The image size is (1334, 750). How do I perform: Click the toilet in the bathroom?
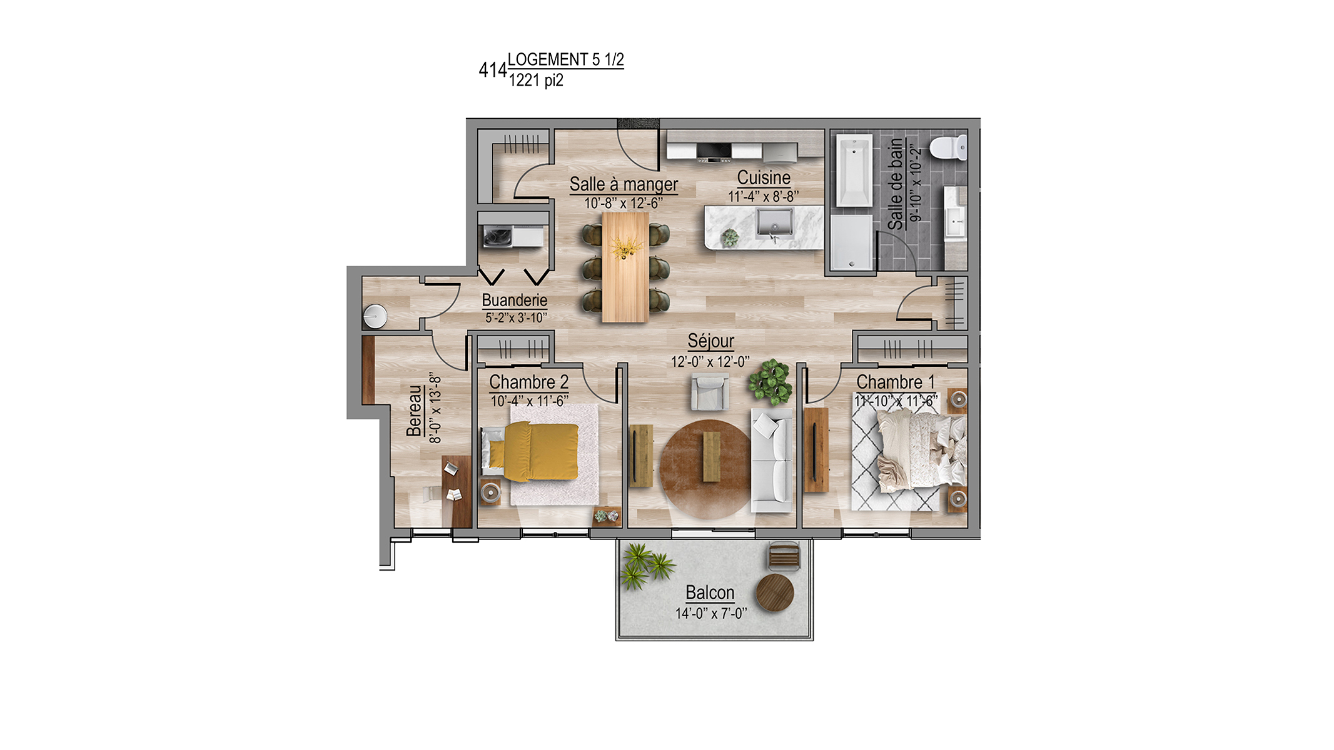point(948,148)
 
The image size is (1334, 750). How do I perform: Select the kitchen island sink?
point(775,223)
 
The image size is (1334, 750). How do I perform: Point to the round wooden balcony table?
point(775,593)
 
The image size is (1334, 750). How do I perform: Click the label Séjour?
point(711,341)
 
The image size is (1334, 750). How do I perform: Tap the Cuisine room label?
point(764,177)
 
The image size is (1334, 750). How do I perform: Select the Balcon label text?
point(710,592)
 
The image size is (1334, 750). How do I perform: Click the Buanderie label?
point(515,301)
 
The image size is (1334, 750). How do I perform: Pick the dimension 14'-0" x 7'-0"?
point(711,614)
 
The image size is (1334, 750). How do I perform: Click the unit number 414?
point(493,70)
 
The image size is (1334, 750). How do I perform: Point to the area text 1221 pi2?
point(536,81)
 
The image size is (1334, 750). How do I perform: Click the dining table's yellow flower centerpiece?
point(626,247)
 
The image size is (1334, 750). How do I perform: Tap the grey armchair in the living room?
point(710,391)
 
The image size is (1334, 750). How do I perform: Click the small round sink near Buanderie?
point(375,316)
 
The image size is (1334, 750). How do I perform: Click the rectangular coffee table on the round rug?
point(712,457)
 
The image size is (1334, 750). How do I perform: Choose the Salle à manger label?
point(624,185)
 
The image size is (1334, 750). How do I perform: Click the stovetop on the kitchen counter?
point(714,152)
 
